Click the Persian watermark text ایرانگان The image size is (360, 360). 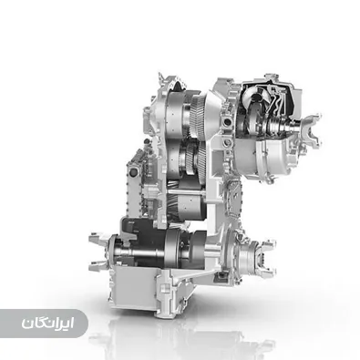[x=44, y=324]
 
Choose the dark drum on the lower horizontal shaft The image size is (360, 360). [x=173, y=244]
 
